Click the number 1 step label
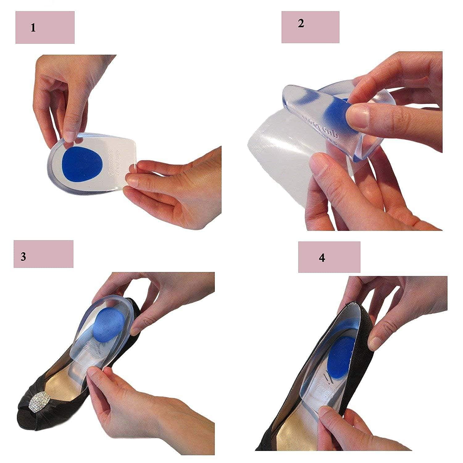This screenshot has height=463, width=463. click(33, 28)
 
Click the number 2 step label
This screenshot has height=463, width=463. click(301, 23)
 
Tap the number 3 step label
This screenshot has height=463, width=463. click(23, 257)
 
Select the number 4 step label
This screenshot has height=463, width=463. click(322, 258)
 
